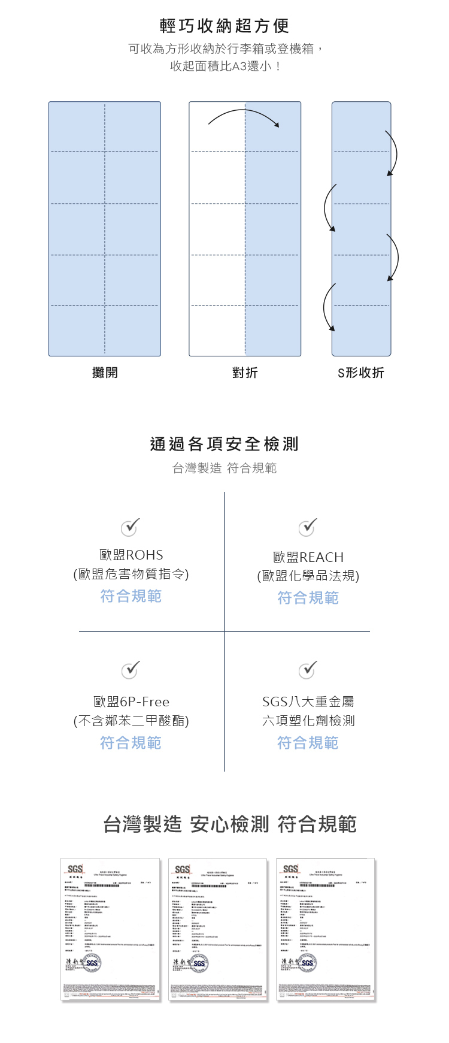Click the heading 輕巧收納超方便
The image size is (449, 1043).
click(x=224, y=26)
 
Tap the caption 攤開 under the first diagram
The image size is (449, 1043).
click(x=105, y=373)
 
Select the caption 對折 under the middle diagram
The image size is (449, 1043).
click(x=245, y=373)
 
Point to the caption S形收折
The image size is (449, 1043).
click(x=360, y=373)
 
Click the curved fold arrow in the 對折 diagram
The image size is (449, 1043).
click(x=244, y=115)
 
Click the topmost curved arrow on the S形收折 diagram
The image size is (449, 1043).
click(x=393, y=153)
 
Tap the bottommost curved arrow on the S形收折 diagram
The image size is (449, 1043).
click(x=327, y=307)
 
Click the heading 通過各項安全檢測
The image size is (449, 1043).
click(x=224, y=444)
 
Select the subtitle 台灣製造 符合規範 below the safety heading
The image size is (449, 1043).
click(x=224, y=468)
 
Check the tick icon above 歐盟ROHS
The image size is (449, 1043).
click(x=130, y=527)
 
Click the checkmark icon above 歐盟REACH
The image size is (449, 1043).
click(x=308, y=527)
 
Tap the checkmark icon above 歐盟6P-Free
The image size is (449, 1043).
click(x=130, y=669)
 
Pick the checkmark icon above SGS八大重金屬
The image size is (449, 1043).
click(x=308, y=669)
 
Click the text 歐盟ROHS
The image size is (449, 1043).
click(x=131, y=555)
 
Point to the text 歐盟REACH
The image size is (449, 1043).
click(x=308, y=557)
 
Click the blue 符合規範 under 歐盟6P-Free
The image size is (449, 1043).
click(x=131, y=743)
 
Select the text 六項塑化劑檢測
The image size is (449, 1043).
click(x=308, y=721)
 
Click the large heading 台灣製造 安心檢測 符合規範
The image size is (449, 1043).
click(x=230, y=824)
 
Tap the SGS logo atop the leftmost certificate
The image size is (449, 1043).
click(x=75, y=869)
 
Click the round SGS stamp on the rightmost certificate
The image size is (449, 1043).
click(x=307, y=963)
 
